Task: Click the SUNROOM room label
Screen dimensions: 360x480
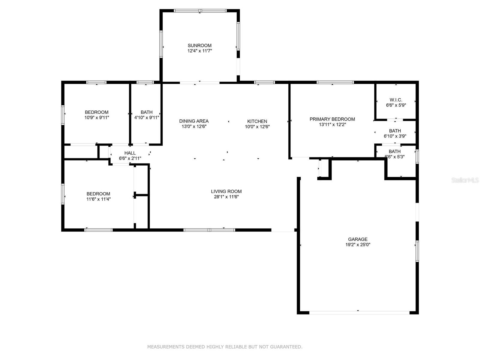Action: coord(199,46)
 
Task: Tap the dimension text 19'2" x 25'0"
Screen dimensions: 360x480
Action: coord(358,244)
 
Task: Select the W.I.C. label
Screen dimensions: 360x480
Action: coord(396,100)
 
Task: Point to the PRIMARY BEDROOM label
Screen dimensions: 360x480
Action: coord(332,119)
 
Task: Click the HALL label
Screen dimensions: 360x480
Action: coord(130,153)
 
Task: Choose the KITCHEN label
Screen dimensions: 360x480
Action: coord(257,121)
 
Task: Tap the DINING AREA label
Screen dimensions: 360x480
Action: coord(194,121)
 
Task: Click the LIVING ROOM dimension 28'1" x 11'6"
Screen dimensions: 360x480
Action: coord(226,197)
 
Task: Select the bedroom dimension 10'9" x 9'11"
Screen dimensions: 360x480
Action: coord(97,118)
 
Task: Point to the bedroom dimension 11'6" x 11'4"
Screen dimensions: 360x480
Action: coord(98,199)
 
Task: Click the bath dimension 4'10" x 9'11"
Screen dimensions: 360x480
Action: coord(146,118)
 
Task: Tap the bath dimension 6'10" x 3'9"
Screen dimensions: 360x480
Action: coord(395,136)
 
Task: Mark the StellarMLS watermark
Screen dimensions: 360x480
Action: coord(465,180)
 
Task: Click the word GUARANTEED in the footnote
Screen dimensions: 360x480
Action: coord(286,347)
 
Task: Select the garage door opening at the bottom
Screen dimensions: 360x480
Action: coord(359,313)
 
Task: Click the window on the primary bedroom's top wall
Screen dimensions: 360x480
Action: coord(335,82)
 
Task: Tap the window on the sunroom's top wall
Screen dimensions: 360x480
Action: coord(200,11)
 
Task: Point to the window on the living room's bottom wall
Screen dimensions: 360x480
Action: coord(209,230)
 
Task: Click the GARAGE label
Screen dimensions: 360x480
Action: coord(358,239)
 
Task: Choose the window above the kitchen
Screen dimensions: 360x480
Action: coord(264,82)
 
